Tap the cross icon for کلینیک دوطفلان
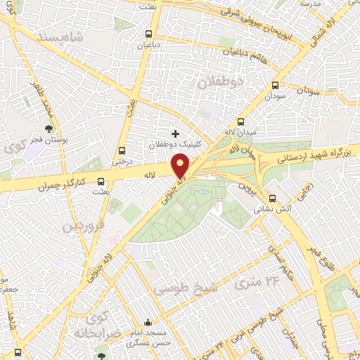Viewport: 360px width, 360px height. coord(175,133)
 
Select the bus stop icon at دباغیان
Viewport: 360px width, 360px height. coord(148,33)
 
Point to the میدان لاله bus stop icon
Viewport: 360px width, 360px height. coord(241,120)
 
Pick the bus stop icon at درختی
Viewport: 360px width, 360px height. coord(123,150)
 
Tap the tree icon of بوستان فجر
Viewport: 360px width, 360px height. coord(48,129)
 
